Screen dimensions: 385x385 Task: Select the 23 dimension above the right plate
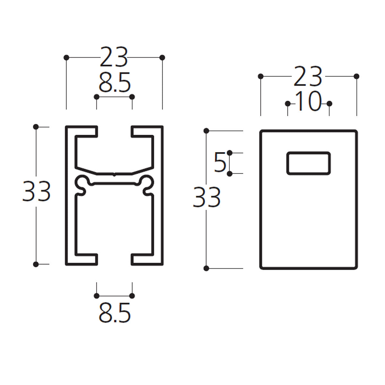coord(308,76)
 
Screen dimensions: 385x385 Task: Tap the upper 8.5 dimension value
coord(115,83)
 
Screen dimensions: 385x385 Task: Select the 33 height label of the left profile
coord(36,191)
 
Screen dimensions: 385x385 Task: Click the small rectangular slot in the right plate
coord(308,163)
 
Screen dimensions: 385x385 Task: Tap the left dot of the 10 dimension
coord(288,104)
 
